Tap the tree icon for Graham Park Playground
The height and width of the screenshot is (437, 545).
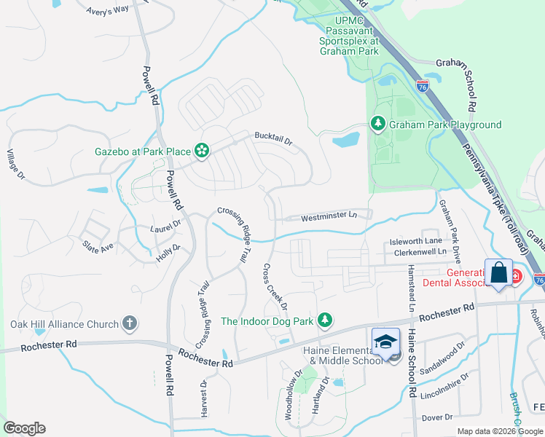pyautogui.click(x=377, y=125)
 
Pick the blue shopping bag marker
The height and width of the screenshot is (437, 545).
pyautogui.click(x=498, y=273)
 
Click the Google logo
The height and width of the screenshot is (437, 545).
pyautogui.click(x=24, y=428)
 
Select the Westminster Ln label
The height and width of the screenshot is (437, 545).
pyautogui.click(x=329, y=216)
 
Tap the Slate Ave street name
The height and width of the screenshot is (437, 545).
pyautogui.click(x=98, y=247)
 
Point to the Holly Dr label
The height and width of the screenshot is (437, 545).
pyautogui.click(x=168, y=253)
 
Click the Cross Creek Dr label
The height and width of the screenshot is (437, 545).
pyautogui.click(x=275, y=286)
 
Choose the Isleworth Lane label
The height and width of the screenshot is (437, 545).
pyautogui.click(x=415, y=240)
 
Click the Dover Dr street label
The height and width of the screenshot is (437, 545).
pyautogui.click(x=437, y=417)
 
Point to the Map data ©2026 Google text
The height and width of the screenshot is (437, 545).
pyautogui.click(x=500, y=431)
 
